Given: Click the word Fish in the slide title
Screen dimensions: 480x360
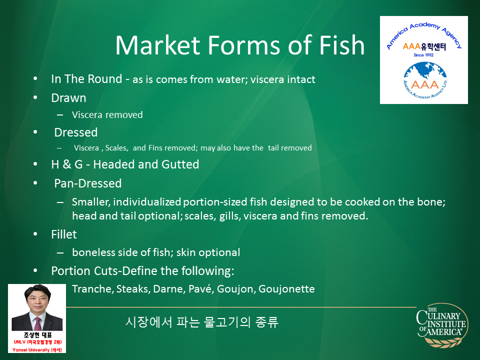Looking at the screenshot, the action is (341, 45).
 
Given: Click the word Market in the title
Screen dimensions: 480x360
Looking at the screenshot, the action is (158, 45).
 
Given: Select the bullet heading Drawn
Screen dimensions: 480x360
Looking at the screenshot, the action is (68, 98).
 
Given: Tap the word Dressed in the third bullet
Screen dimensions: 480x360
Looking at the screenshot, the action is (76, 132).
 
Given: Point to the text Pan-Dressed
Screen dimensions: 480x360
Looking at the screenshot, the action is (88, 183).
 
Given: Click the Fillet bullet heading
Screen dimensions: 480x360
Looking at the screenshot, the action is (64, 234).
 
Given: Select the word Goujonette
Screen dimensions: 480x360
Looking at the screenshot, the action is (286, 288).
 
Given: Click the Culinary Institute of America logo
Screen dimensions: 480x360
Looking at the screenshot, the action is (442, 325).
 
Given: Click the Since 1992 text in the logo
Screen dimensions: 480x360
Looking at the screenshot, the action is (423, 55).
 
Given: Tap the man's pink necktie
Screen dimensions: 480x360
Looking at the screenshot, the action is (38, 323).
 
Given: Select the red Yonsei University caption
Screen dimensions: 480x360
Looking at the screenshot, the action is (37, 349).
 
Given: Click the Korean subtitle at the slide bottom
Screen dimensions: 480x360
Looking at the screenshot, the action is (202, 322).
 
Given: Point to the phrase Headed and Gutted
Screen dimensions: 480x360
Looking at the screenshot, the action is (146, 164).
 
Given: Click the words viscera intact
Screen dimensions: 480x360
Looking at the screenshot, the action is (283, 79).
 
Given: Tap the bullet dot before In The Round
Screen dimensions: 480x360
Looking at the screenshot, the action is (35, 78).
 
